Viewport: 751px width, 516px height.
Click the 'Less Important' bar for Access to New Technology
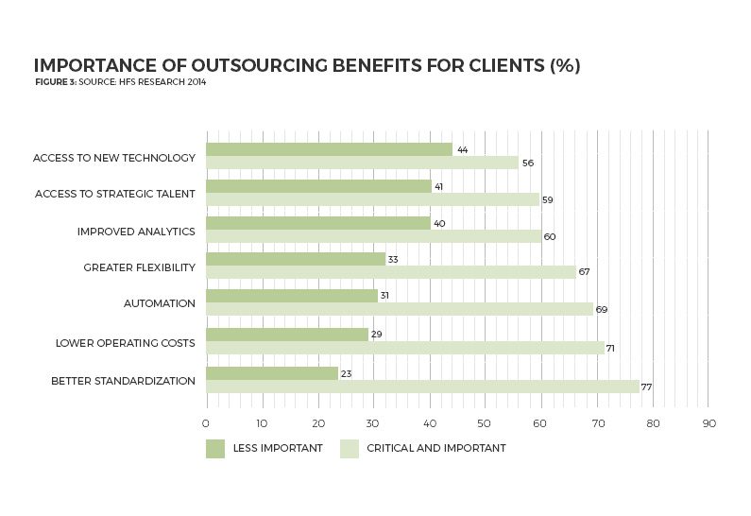pyautogui.click(x=329, y=149)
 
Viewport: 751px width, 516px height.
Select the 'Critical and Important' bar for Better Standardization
pyautogui.click(x=422, y=387)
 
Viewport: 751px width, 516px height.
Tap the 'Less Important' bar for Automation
pyautogui.click(x=292, y=296)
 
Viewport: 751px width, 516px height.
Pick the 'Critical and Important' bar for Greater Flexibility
pyautogui.click(x=391, y=272)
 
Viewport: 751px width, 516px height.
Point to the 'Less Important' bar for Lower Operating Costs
pyautogui.click(x=287, y=334)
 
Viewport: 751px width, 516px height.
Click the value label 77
pyautogui.click(x=647, y=387)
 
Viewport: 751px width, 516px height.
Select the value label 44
pyautogui.click(x=462, y=150)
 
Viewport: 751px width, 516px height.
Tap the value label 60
pyautogui.click(x=549, y=236)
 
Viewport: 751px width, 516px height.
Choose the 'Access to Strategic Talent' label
pyautogui.click(x=114, y=194)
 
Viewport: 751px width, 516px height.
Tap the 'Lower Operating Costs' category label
pyautogui.click(x=126, y=343)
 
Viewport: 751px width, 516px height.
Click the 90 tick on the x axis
pyautogui.click(x=708, y=422)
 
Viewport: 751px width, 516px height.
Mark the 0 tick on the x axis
pyautogui.click(x=206, y=422)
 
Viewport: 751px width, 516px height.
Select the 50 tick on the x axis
pyautogui.click(x=485, y=422)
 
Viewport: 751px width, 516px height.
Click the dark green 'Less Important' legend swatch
pyautogui.click(x=215, y=448)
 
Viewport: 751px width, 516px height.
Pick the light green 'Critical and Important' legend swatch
pyautogui.click(x=350, y=448)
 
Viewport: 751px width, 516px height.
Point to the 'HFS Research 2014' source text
pyautogui.click(x=169, y=82)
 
